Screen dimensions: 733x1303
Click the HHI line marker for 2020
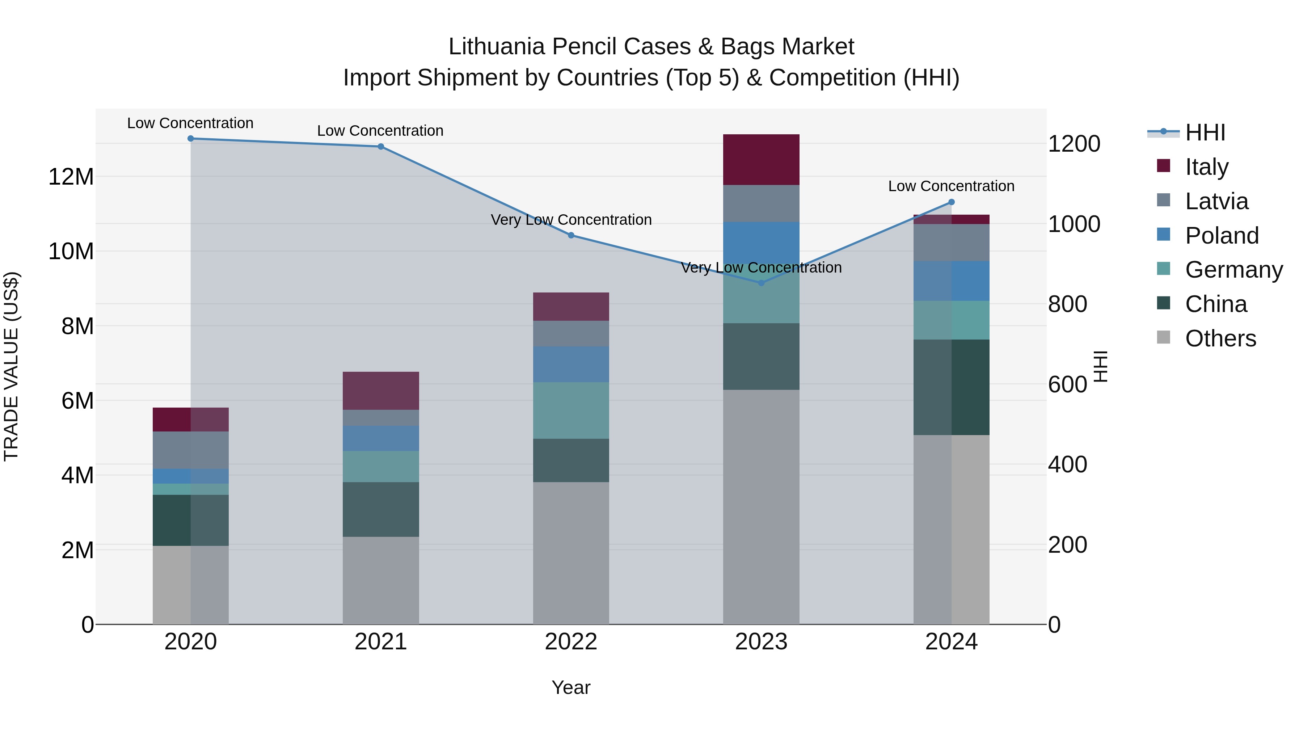[191, 139]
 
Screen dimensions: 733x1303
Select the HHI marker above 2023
[761, 283]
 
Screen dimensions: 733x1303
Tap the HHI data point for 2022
[571, 235]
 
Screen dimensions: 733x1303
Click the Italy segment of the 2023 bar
[761, 160]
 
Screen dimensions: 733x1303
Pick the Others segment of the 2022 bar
[571, 553]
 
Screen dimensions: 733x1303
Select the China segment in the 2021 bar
[381, 509]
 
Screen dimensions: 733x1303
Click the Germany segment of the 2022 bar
[571, 410]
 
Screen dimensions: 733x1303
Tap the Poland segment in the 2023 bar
[761, 243]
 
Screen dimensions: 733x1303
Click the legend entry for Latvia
[1216, 201]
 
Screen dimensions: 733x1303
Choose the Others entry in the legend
[1220, 338]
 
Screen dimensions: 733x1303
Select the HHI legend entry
[1205, 132]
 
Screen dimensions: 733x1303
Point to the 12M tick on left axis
[71, 177]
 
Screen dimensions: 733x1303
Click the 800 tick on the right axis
[1067, 304]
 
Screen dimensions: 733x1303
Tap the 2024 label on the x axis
[951, 642]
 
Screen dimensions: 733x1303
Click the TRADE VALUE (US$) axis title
[12, 366]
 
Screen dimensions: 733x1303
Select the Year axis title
[571, 687]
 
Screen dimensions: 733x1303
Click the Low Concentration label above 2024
[951, 186]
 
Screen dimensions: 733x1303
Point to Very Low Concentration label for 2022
[571, 220]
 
